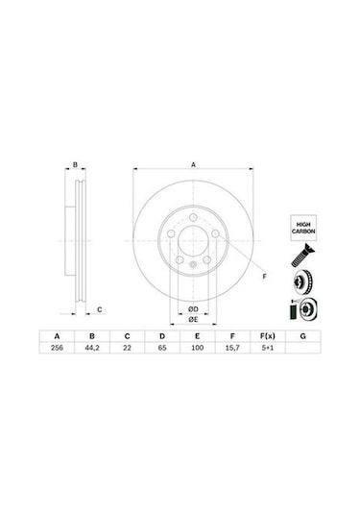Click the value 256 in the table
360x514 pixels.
(57, 348)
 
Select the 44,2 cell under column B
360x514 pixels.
(92, 348)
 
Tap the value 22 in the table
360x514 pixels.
(127, 348)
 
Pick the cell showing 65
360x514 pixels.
(162, 348)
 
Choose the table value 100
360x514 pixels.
(197, 348)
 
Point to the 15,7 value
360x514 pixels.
(232, 348)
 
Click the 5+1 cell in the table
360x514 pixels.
(268, 348)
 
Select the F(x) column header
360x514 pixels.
(268, 336)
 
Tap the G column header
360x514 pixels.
(303, 336)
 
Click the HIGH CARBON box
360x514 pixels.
(303, 228)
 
